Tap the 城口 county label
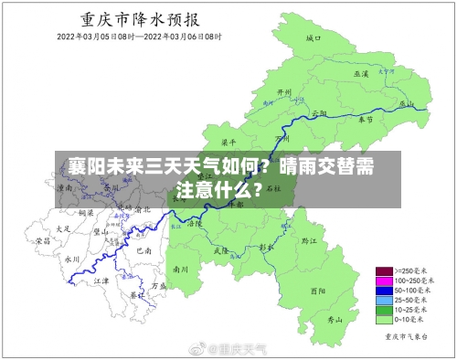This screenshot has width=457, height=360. click(313, 38)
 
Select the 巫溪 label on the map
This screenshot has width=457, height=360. click(360, 73)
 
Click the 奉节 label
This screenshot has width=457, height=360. click(366, 120)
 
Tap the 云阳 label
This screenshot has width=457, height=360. click(319, 113)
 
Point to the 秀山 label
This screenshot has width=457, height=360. click(336, 320)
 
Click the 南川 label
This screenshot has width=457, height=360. click(180, 270)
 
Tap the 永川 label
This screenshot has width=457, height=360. click(72, 259)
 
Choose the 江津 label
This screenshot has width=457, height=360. click(101, 282)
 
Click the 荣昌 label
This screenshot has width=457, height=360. click(43, 241)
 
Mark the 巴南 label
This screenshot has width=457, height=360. click(143, 249)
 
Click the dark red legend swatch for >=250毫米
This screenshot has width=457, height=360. click(384, 271)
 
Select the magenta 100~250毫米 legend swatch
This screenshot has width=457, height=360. click(384, 281)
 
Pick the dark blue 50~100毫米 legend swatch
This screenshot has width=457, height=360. click(384, 291)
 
